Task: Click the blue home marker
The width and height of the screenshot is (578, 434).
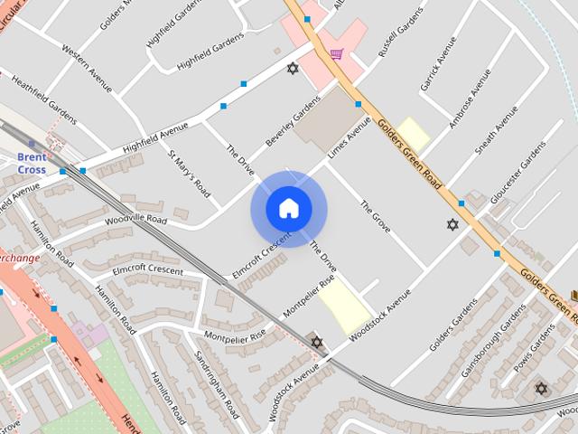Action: [288, 208]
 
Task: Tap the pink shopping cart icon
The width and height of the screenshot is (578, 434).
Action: [336, 54]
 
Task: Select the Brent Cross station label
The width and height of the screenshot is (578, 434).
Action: [32, 162]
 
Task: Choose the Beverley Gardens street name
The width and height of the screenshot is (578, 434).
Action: [293, 124]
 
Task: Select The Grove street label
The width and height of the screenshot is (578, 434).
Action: [375, 217]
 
